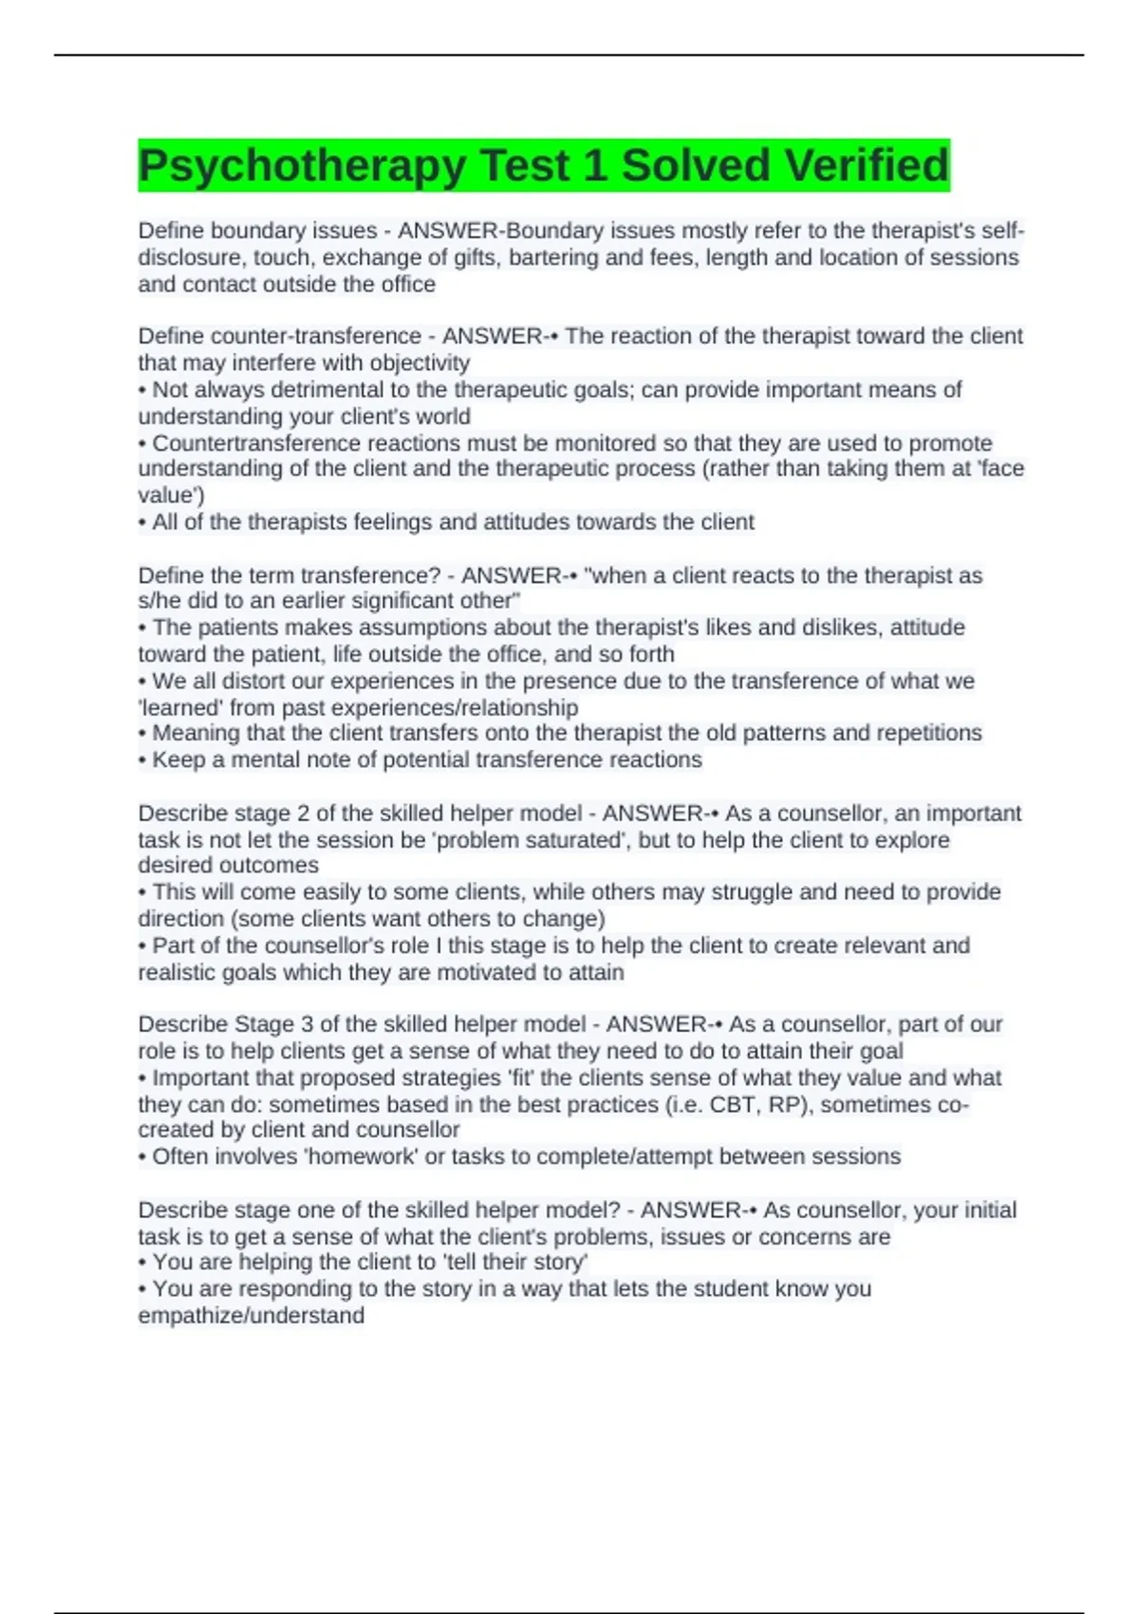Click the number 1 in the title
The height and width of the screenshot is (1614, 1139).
coord(595,166)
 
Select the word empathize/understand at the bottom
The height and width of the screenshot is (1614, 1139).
coord(252,1316)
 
